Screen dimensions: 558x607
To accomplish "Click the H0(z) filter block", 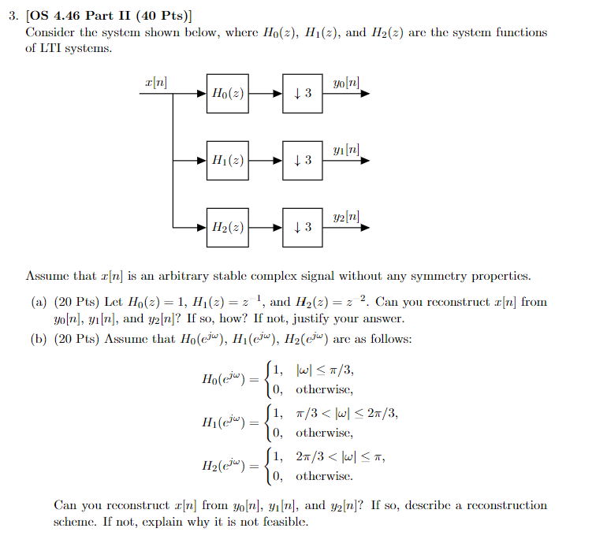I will [227, 94].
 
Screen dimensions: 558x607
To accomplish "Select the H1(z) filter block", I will [227, 160].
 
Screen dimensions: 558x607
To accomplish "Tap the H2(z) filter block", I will [227, 227].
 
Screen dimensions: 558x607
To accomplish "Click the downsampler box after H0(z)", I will [302, 94].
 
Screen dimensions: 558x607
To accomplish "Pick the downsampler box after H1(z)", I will [302, 160].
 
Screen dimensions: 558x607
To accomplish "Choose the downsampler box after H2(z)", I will [302, 227].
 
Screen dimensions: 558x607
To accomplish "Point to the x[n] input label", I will [155, 82].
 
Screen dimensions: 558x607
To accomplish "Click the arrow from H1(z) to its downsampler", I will [264, 160].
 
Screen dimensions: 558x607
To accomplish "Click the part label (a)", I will [36, 302].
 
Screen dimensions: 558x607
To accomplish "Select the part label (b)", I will [36, 339].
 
